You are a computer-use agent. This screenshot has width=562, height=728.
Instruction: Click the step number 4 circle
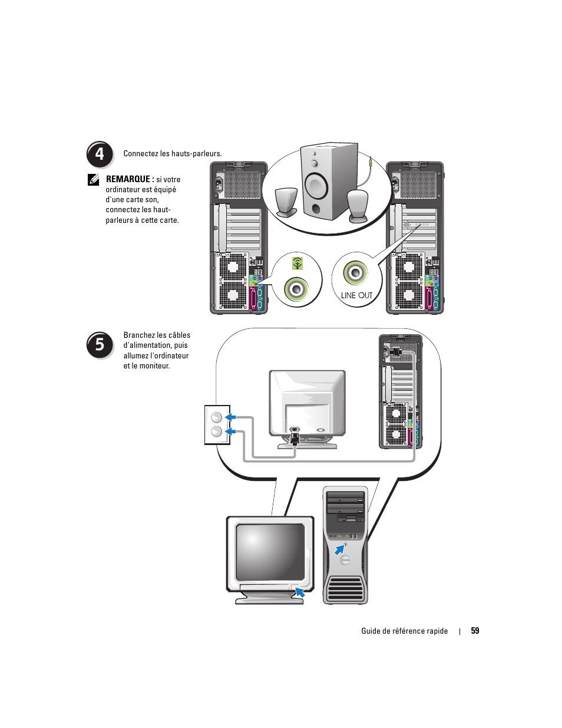[100, 154]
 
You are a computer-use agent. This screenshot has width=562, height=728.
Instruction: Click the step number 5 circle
[100, 344]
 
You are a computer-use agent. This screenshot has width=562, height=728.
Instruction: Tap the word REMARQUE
[128, 179]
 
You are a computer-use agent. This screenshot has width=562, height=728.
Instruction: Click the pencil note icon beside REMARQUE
[94, 180]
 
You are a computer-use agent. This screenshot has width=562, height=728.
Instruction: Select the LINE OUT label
[356, 295]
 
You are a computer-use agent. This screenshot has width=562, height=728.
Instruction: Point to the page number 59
[475, 631]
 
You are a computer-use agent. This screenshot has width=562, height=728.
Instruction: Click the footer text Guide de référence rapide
[404, 631]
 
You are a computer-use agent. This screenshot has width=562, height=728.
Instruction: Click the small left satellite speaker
[286, 202]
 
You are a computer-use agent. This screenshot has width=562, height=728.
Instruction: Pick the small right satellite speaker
[358, 205]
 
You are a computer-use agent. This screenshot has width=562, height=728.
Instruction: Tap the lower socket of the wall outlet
[216, 432]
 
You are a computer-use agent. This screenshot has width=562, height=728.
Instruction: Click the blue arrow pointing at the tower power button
[339, 549]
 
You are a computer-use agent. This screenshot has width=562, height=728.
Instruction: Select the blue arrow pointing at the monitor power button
[300, 592]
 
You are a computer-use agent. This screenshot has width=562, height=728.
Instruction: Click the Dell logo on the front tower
[345, 559]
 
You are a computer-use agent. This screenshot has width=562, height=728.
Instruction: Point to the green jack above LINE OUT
[355, 273]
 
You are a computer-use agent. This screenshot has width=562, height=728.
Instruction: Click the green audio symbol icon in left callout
[297, 263]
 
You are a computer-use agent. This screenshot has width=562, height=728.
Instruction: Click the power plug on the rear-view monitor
[295, 437]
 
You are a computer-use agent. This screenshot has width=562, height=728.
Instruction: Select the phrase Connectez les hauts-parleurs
[173, 154]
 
